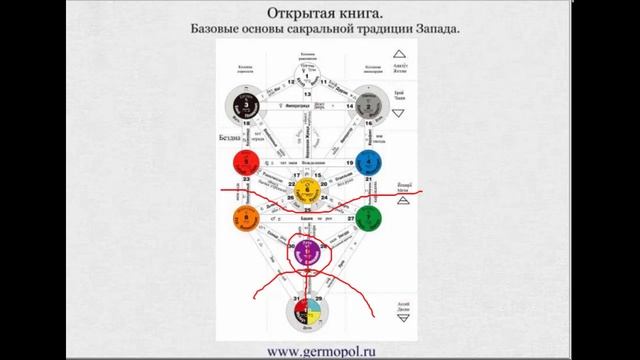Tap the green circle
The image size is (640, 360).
tap(369, 217)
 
